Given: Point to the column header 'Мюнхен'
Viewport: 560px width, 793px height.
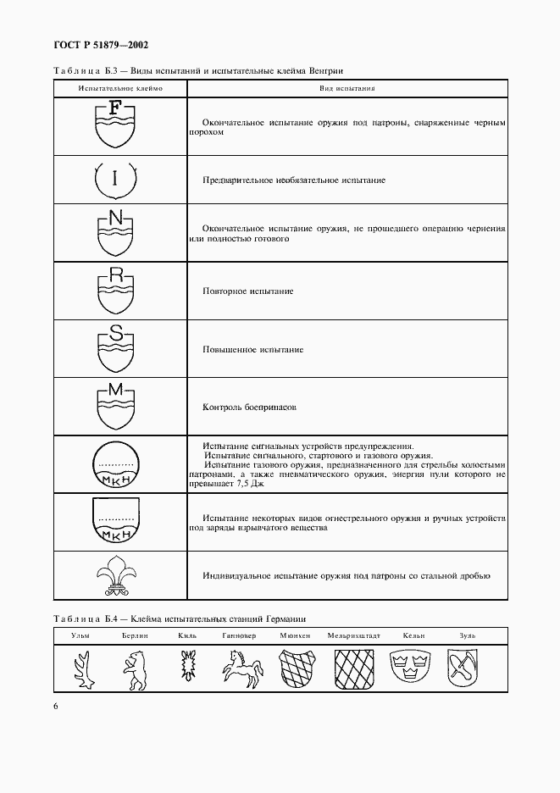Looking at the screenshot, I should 294,635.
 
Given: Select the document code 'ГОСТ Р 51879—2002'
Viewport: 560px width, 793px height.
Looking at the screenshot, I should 95,44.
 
